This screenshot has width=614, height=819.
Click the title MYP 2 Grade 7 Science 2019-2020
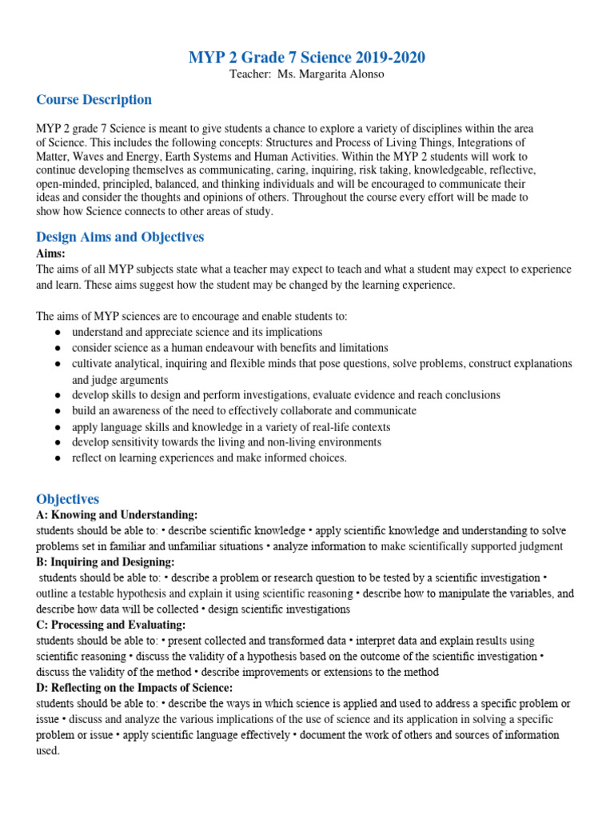tap(307, 58)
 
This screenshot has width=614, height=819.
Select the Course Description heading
tap(94, 100)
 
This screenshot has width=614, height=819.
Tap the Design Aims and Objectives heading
tap(120, 237)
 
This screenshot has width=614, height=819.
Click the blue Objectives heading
tap(68, 499)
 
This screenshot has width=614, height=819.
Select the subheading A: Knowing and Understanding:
tap(117, 515)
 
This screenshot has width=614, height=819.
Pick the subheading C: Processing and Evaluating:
tap(110, 625)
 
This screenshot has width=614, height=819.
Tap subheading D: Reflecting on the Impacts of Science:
tap(134, 688)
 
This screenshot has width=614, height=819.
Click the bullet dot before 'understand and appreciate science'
tap(58, 332)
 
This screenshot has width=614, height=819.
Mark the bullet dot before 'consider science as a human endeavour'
tap(58, 348)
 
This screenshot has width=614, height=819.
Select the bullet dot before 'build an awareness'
tap(58, 411)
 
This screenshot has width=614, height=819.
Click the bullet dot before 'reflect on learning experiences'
tap(58, 458)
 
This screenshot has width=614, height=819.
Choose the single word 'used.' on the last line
tap(48, 751)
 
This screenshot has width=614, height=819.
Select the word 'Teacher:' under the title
tap(249, 74)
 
